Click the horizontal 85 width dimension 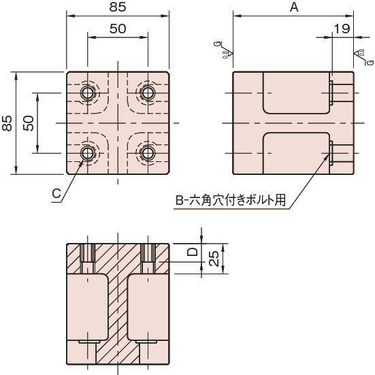(118, 9)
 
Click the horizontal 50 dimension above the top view (118, 29)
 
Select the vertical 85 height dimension (7, 123)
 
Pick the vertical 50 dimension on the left (29, 123)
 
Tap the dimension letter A (294, 7)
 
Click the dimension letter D (193, 252)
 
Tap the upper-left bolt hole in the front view (88, 92)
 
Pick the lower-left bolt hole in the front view (88, 152)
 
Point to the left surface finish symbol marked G (228, 50)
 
